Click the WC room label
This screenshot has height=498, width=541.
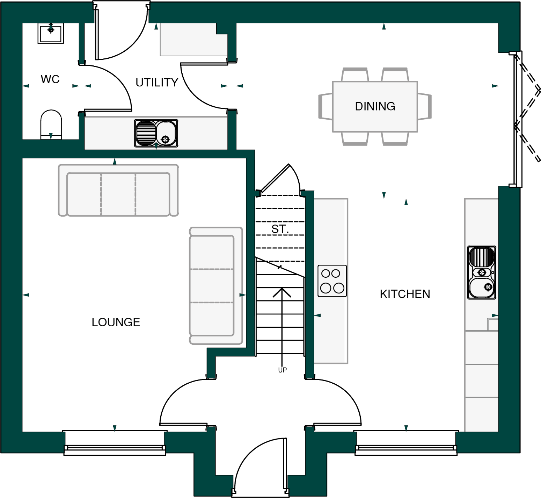tap(50, 79)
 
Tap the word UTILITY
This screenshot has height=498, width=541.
tap(157, 83)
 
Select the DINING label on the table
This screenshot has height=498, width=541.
tap(375, 106)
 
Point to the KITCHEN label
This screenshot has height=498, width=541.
tap(405, 294)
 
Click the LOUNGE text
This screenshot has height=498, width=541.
tap(116, 322)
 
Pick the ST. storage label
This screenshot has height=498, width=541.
tap(280, 229)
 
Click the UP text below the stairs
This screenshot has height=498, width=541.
tap(282, 370)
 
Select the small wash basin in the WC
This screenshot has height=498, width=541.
tap(51, 33)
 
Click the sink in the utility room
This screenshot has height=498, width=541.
tap(156, 133)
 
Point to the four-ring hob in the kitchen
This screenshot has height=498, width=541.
tap(332, 281)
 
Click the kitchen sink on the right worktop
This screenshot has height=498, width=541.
tap(482, 273)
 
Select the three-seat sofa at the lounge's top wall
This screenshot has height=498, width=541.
tap(118, 191)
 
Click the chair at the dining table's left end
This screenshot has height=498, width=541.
tap(325, 106)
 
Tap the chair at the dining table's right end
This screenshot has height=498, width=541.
tap(424, 106)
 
